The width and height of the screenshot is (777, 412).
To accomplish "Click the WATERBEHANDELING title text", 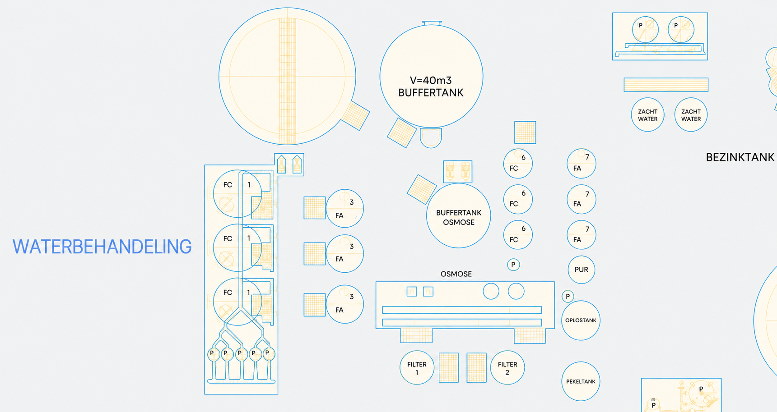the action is click(102, 247).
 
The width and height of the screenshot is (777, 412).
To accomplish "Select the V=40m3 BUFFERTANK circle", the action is click(431, 76).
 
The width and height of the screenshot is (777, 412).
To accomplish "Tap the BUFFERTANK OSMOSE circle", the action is click(458, 216).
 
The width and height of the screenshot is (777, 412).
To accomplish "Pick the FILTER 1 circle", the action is click(417, 367).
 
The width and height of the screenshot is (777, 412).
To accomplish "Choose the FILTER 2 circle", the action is click(507, 367).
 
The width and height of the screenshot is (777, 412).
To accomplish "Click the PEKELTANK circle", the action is click(581, 381).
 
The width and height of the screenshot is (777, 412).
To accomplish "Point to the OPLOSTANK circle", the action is click(581, 320).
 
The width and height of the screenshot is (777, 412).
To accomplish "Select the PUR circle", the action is click(581, 270).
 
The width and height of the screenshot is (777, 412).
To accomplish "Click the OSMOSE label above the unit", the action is click(456, 274).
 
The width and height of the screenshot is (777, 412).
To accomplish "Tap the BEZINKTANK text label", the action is click(740, 157).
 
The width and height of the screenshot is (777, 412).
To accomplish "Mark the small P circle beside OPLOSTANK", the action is click(568, 296).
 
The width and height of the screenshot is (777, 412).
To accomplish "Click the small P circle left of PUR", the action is click(513, 265).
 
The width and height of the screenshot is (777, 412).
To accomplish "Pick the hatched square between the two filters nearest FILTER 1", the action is click(449, 368).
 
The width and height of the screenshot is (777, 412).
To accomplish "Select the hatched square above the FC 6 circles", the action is click(525, 133).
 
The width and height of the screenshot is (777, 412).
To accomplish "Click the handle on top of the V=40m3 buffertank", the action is click(432, 23).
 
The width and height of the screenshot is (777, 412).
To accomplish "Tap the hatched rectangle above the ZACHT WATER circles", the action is click(666, 85).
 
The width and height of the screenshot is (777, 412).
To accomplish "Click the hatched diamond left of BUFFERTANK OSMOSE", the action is click(422, 189).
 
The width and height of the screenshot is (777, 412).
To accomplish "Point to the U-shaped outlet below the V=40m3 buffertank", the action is click(431, 138).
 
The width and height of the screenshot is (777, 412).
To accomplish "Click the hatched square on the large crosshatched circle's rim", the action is click(355, 116).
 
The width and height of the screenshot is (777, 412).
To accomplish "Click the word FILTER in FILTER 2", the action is click(507, 364).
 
